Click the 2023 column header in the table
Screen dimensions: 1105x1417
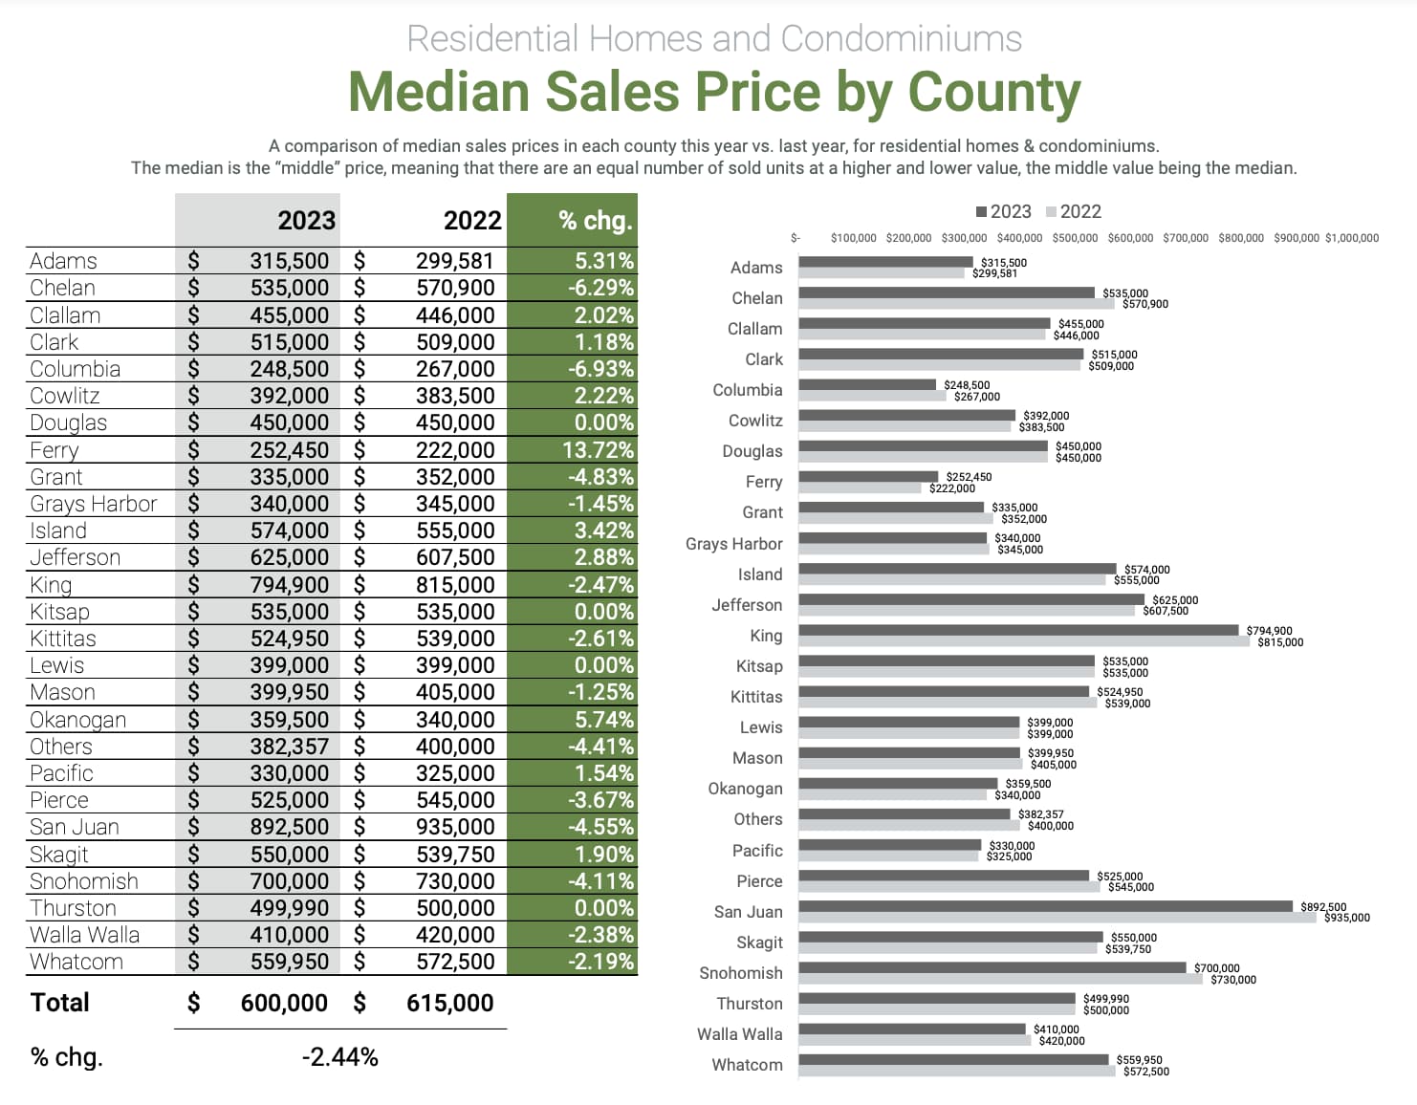coord(306,221)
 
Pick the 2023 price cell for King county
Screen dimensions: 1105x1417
coord(289,585)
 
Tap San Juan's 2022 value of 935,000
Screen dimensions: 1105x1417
coord(454,827)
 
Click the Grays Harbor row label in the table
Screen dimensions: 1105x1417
coord(94,504)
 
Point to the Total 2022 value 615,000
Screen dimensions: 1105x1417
coord(449,1003)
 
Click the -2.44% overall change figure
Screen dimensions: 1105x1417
coord(339,1057)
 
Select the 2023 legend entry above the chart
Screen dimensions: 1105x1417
coord(1003,211)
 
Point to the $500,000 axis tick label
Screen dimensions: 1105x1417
coord(1075,238)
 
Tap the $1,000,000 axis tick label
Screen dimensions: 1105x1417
coord(1351,238)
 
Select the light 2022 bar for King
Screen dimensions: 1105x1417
coord(1023,641)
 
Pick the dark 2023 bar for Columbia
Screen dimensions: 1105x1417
coord(867,384)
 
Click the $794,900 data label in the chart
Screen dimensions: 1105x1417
coord(1269,631)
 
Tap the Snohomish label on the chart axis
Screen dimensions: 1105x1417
coord(740,973)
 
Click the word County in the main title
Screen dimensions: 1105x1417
coord(993,92)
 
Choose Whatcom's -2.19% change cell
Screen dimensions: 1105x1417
coord(599,962)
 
